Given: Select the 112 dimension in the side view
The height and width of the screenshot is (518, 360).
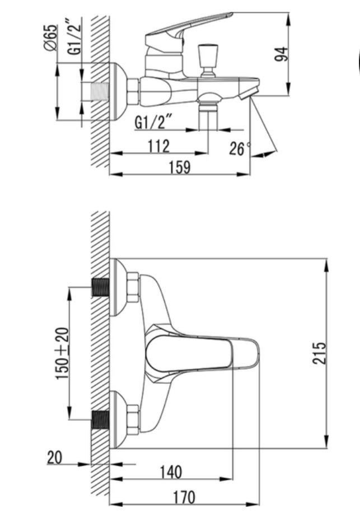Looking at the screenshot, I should tap(158, 147).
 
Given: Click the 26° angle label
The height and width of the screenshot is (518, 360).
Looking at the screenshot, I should tap(240, 148).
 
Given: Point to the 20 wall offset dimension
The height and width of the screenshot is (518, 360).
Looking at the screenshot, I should tap(54, 458).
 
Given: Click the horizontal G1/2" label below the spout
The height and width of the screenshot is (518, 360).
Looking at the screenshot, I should tap(152, 122).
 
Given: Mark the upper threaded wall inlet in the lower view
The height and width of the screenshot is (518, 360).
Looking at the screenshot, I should tap(100, 287).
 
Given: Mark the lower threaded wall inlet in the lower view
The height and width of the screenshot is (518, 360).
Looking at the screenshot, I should tap(100, 419).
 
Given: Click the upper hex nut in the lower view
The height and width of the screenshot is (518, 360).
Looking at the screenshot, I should tap(133, 287).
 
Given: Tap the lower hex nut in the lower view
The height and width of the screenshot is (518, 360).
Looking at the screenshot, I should tap(133, 419).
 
